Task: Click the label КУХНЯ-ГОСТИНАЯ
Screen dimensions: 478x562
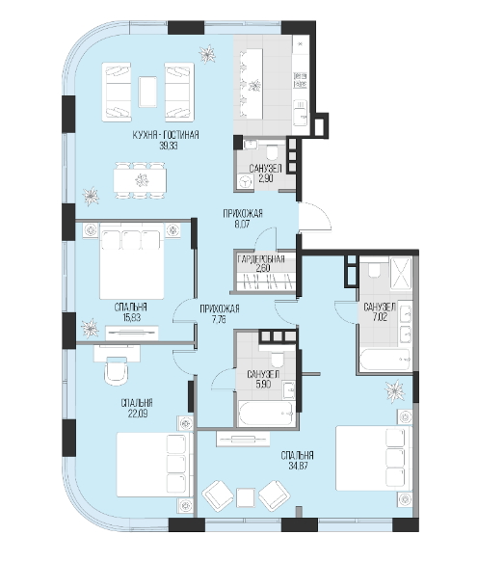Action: [x=166, y=135]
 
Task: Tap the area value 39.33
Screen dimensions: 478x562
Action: [x=169, y=146]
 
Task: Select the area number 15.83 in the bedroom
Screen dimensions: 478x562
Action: [x=130, y=317]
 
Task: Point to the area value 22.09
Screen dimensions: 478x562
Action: [x=138, y=414]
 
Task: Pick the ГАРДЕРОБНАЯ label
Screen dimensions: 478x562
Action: [x=261, y=258]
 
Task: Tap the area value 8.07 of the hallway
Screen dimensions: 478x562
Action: [x=242, y=225]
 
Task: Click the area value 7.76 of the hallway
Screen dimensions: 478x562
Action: [x=218, y=319]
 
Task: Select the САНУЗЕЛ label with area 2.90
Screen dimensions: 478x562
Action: [x=266, y=169]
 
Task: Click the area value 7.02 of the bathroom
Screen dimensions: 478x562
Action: [x=380, y=317]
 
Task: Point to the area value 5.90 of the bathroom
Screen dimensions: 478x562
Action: [x=263, y=385]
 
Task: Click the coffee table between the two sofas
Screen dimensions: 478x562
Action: [x=148, y=93]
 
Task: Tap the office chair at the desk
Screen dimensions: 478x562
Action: [x=116, y=371]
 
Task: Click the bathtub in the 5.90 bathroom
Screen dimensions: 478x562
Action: [x=267, y=414]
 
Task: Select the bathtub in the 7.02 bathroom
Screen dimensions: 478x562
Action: [x=385, y=360]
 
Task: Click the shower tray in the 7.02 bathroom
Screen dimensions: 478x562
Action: [x=401, y=273]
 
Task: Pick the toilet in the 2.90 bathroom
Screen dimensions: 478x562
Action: [x=273, y=152]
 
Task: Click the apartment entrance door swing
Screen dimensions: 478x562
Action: [x=315, y=217]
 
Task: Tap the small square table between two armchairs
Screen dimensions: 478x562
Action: [x=246, y=498]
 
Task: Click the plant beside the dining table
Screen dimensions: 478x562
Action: [x=91, y=196]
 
